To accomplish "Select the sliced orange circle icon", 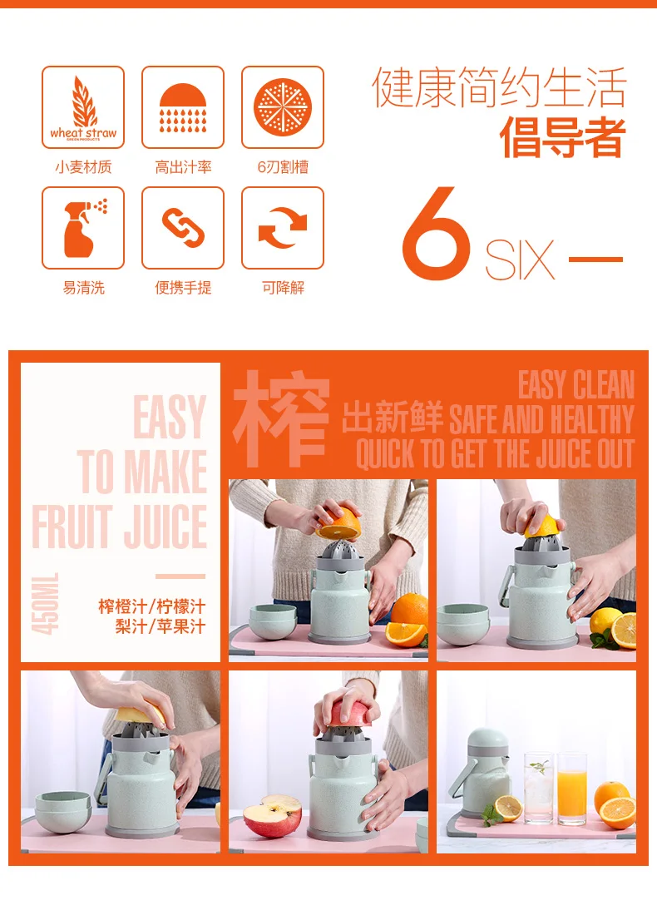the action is pyautogui.click(x=283, y=107).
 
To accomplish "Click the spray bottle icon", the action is pyautogui.click(x=84, y=229).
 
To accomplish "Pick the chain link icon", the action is pyautogui.click(x=183, y=228).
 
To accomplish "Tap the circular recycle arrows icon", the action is pyautogui.click(x=283, y=228).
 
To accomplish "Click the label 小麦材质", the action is pyautogui.click(x=83, y=167).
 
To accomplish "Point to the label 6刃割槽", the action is pyautogui.click(x=283, y=167).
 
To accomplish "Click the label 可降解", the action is pyautogui.click(x=283, y=288).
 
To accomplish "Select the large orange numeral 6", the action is pyautogui.click(x=436, y=234).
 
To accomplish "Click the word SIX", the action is pyautogui.click(x=519, y=260).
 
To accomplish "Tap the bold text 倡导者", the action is pyautogui.click(x=562, y=138).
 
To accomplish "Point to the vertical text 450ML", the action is pyautogui.click(x=45, y=604).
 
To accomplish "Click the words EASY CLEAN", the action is pyautogui.click(x=575, y=384).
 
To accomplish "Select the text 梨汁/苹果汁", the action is pyautogui.click(x=161, y=626).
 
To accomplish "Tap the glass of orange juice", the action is pyautogui.click(x=572, y=789).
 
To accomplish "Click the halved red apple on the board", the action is pyautogui.click(x=273, y=815).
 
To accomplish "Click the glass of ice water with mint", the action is pyautogui.click(x=539, y=789).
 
